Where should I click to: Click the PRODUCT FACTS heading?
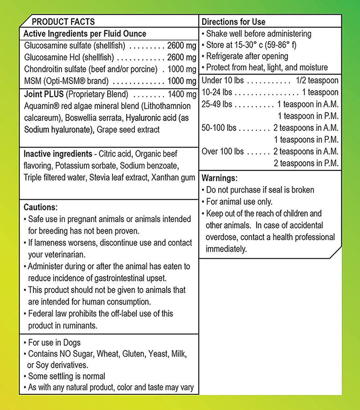[x=63, y=22]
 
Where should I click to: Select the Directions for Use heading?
[x=233, y=22]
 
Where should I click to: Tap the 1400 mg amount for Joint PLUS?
[x=182, y=94]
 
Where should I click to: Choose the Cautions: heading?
[x=41, y=206]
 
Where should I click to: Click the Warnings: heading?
[x=220, y=178]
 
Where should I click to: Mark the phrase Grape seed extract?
[x=129, y=130]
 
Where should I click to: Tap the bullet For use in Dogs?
[x=54, y=343]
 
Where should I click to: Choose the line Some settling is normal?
[x=67, y=376]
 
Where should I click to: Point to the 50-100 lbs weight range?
[x=219, y=128]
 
